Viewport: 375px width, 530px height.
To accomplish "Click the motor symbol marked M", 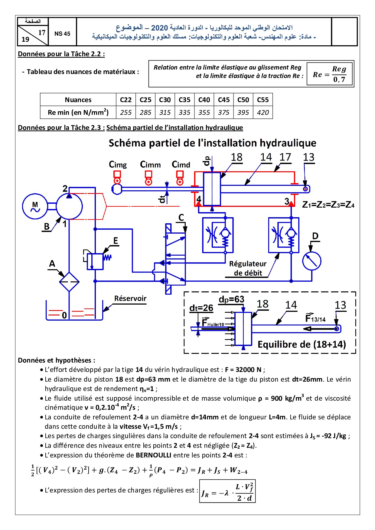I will click(35, 206).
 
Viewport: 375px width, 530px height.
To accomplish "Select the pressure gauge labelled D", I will click(311, 261).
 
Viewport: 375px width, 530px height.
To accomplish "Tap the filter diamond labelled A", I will click(69, 282).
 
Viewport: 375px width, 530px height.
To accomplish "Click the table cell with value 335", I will click(184, 112).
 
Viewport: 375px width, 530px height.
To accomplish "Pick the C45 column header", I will click(223, 100).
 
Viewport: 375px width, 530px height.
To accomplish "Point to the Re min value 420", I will click(263, 112).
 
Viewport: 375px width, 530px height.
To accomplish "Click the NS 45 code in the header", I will click(62, 34).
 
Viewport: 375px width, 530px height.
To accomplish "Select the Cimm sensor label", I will click(150, 165).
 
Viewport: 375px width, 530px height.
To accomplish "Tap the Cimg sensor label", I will click(118, 165).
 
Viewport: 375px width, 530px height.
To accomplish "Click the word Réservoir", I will click(130, 299).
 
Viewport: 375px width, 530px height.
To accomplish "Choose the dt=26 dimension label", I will click(201, 308).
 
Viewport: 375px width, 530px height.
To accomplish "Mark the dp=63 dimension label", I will click(231, 299).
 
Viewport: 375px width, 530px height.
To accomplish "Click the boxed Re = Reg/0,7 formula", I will click(330, 74).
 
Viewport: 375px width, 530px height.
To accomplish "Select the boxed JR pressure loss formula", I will click(227, 491).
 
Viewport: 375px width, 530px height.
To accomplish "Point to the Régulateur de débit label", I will click(248, 268).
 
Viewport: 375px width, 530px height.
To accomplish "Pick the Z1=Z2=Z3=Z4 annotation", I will click(328, 205).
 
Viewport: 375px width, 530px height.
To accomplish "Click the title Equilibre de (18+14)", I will click(302, 344).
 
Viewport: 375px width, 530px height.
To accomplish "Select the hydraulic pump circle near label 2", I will click(69, 206).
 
